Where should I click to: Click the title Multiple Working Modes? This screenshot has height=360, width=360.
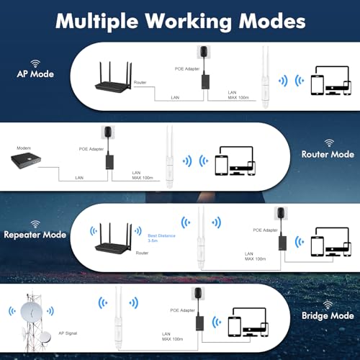pos(179,20)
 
